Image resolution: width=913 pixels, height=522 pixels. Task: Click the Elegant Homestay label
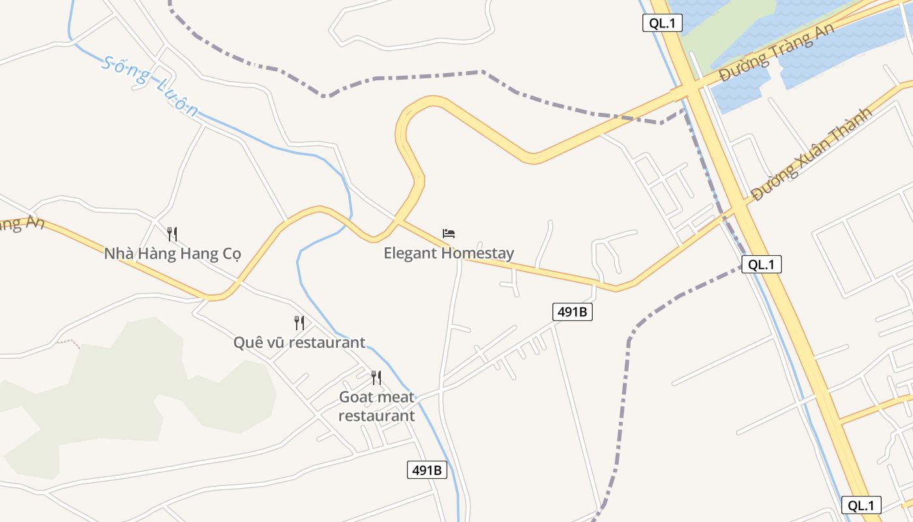(x=449, y=253)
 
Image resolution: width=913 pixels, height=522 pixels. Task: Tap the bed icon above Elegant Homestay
(x=449, y=233)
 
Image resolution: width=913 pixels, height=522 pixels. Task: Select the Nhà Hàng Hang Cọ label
(x=173, y=253)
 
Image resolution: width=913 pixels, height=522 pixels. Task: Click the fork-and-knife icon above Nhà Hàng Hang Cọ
(x=172, y=234)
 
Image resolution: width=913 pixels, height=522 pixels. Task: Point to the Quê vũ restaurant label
(x=299, y=342)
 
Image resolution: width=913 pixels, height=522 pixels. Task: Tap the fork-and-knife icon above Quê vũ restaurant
(x=299, y=322)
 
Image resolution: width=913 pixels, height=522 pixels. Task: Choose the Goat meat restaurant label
(x=376, y=406)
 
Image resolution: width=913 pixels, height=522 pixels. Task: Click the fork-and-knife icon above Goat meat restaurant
(x=376, y=377)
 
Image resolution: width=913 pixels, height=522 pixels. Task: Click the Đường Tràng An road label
(x=777, y=55)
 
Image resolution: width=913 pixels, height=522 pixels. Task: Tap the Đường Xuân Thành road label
(x=811, y=154)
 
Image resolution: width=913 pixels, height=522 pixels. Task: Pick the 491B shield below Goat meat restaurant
(x=427, y=469)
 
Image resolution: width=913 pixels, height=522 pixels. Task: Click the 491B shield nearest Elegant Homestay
(x=573, y=312)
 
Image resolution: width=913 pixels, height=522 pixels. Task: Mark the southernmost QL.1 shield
(x=861, y=505)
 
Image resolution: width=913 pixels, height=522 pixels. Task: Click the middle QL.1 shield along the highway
(x=761, y=264)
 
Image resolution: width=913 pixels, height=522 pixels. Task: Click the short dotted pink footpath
(x=68, y=342)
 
